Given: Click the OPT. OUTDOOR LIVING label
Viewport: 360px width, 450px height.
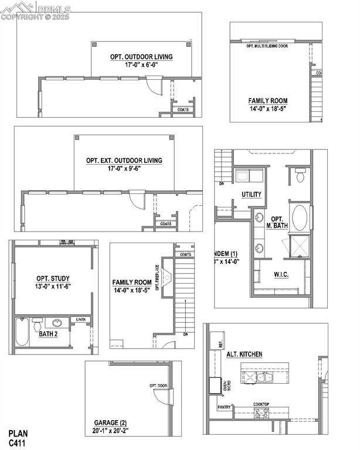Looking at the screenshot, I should [x=141, y=57].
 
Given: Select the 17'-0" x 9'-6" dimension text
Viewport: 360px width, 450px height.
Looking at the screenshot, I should [x=124, y=169].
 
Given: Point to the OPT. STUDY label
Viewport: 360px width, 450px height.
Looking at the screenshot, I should [x=53, y=278].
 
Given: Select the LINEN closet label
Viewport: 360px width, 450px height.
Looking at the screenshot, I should [x=80, y=320].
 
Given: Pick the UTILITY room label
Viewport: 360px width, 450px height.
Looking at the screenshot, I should [x=251, y=195].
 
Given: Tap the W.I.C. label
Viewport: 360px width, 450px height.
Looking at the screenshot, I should [x=283, y=274].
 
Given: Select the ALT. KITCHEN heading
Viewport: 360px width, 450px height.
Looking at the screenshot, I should [x=244, y=354].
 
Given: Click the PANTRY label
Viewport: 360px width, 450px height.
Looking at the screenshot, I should [x=223, y=407].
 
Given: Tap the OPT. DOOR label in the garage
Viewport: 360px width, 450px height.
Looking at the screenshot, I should [x=158, y=386].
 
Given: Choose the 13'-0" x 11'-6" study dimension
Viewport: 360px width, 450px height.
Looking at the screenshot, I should [x=53, y=287].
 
